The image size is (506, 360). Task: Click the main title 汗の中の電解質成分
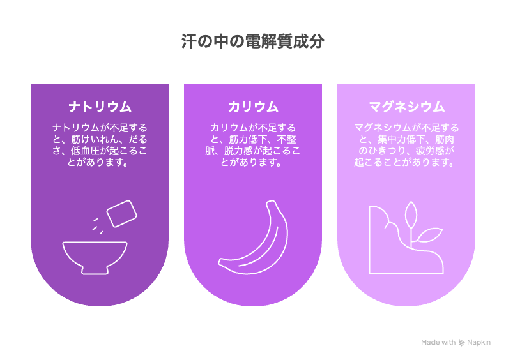point(252,41)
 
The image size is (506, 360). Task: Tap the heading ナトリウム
point(100,107)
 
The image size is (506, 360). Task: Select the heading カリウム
point(253,107)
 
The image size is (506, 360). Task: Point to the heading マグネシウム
point(406,107)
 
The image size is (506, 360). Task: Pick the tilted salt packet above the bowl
point(121,213)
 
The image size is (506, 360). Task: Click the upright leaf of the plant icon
point(411,214)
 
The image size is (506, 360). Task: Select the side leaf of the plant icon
point(429,235)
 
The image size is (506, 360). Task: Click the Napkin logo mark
point(462,343)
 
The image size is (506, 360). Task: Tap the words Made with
point(438,342)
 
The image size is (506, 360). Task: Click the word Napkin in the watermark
point(479,343)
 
